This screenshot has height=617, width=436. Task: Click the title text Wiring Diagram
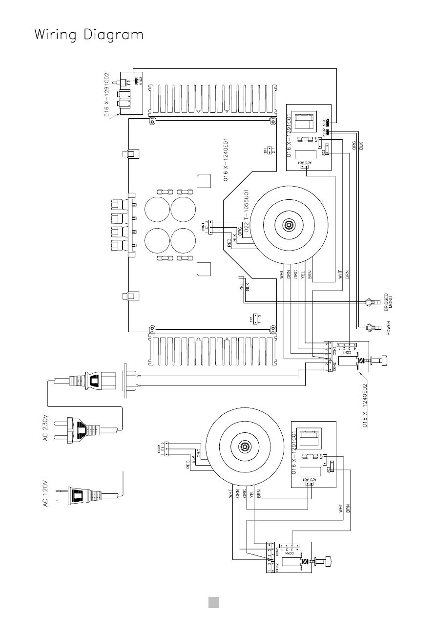(89, 36)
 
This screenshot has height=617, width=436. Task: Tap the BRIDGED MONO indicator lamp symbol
(371, 303)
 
